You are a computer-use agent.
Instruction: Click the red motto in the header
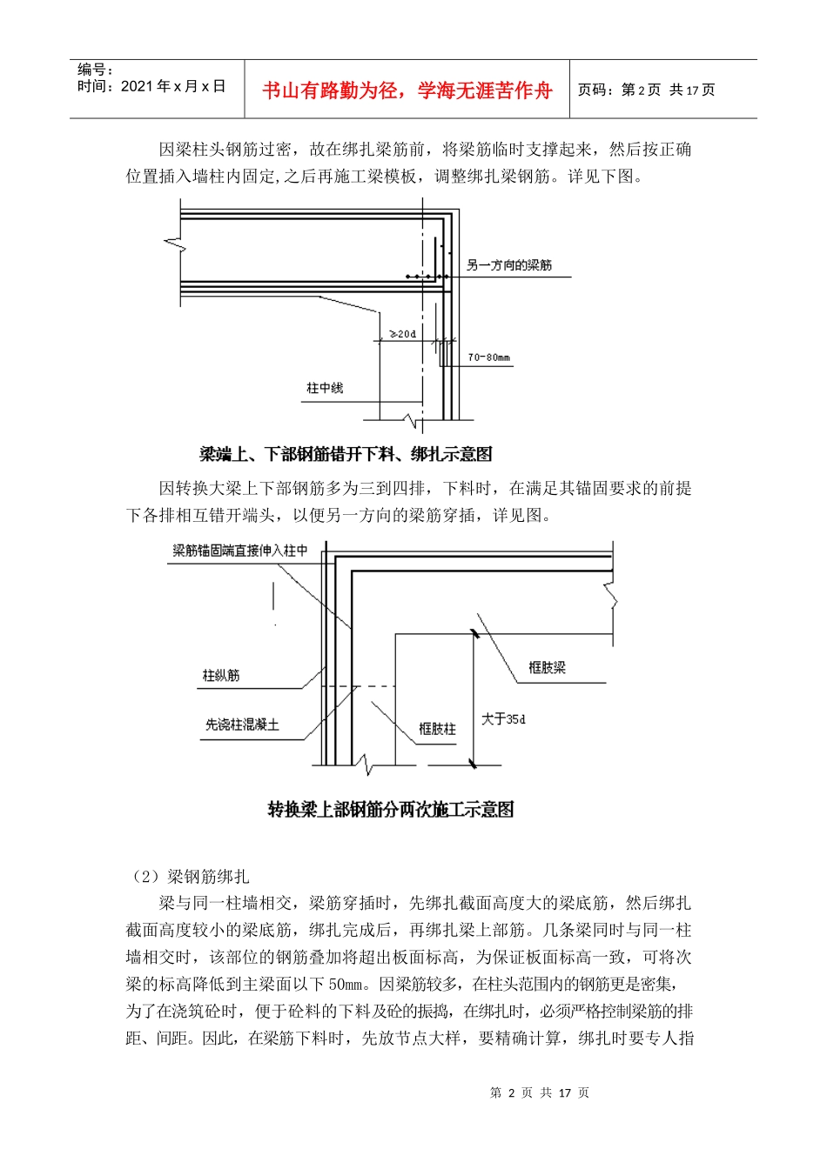[x=407, y=90]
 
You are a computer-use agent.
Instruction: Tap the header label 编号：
[x=96, y=70]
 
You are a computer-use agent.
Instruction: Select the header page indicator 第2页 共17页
[x=646, y=90]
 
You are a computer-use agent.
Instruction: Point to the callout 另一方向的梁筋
[x=509, y=265]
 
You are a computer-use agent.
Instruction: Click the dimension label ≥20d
[x=402, y=334]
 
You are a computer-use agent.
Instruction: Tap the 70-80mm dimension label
[x=488, y=357]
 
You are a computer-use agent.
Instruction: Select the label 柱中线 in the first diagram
[x=325, y=388]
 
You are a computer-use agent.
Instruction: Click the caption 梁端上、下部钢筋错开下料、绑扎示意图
[x=346, y=454]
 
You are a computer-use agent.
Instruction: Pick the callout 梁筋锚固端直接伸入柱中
[x=239, y=551]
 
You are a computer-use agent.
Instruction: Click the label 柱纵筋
[x=221, y=675]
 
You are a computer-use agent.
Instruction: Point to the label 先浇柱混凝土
[x=242, y=725]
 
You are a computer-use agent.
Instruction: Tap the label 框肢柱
[x=437, y=729]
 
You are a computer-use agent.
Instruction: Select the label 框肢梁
[x=547, y=668]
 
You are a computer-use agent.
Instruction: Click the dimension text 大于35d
[x=503, y=719]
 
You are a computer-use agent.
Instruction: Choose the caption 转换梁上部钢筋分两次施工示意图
[x=390, y=810]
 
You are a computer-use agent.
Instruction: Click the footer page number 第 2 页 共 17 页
[x=540, y=1092]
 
